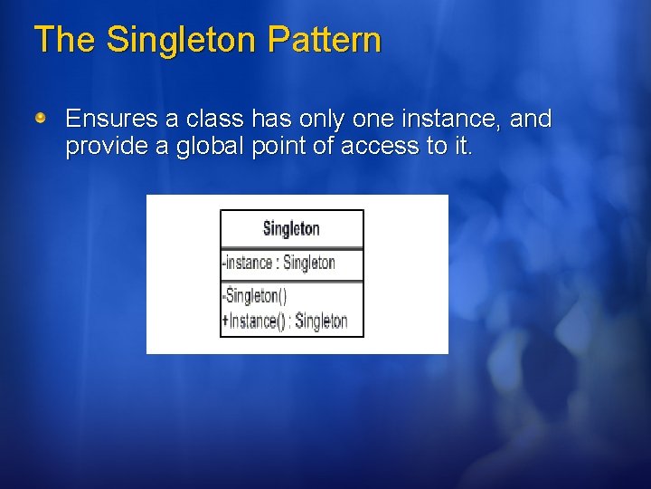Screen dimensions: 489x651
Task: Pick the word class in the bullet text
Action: [x=213, y=120]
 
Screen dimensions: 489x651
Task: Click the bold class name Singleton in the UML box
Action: [x=291, y=229]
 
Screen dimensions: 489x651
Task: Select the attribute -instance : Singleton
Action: [x=278, y=264]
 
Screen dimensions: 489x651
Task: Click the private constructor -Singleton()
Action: [x=254, y=296]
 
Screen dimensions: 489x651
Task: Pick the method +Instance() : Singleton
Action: [x=284, y=321]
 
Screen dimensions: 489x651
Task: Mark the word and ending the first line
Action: [x=531, y=120]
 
